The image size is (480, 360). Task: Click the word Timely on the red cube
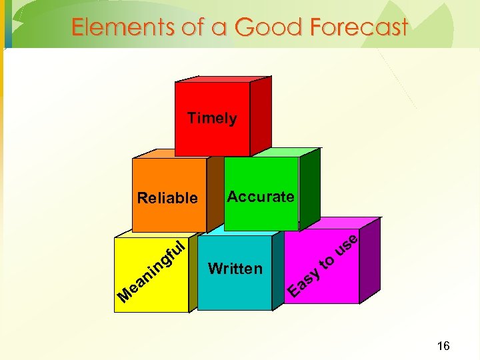pos(212,119)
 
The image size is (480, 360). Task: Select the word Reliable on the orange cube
pos(167,198)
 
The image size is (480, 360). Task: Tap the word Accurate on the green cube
pos(261,197)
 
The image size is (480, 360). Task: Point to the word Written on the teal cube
pos(235,269)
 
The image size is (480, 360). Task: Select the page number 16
pos(443,345)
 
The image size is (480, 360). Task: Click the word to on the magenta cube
pos(327,263)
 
